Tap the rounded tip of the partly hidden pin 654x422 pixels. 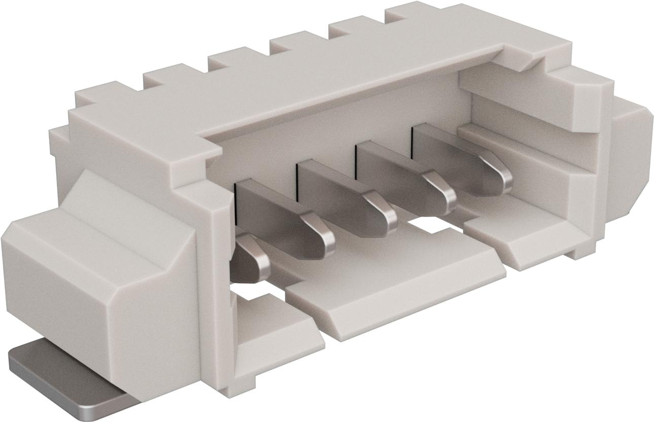pyautogui.click(x=254, y=261)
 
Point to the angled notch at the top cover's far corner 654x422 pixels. pyautogui.click(x=523, y=58)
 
